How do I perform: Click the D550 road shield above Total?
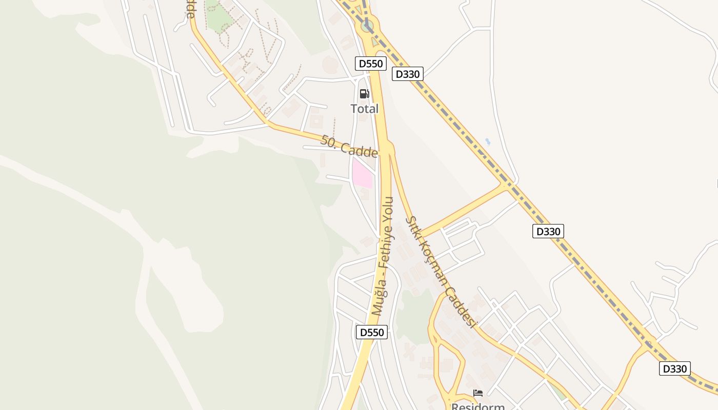370,64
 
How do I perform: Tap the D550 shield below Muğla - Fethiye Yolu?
371,332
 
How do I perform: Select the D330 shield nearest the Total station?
408,74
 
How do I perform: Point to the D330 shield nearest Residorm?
674,368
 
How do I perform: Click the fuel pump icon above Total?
364,94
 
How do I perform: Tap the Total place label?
364,109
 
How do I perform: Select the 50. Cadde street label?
349,147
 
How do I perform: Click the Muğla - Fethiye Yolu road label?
384,256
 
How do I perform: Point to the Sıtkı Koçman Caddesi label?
441,272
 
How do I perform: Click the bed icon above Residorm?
478,393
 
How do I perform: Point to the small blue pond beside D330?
487,141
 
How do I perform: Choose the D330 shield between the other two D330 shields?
548,231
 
